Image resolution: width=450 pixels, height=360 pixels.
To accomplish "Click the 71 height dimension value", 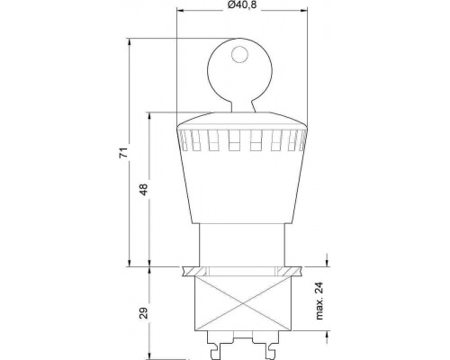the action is tap(123, 153).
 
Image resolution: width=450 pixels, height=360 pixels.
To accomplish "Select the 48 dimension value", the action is tap(144, 189).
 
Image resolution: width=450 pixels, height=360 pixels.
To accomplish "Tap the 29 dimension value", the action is tap(144, 313).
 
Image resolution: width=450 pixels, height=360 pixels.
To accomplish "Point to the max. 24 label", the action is tap(319, 301).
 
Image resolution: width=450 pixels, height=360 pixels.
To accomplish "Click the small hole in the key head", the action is tap(239, 54).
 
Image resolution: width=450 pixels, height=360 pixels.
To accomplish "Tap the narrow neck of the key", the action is tap(243, 107).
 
